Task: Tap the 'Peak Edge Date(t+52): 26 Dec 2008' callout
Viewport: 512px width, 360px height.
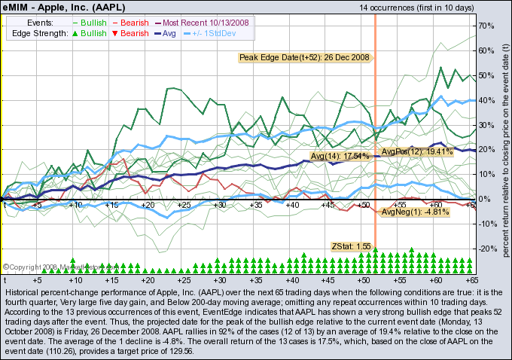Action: pos(305,57)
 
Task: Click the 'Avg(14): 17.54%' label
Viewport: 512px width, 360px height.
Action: pos(340,156)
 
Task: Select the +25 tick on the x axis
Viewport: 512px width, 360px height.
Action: pos(183,205)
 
